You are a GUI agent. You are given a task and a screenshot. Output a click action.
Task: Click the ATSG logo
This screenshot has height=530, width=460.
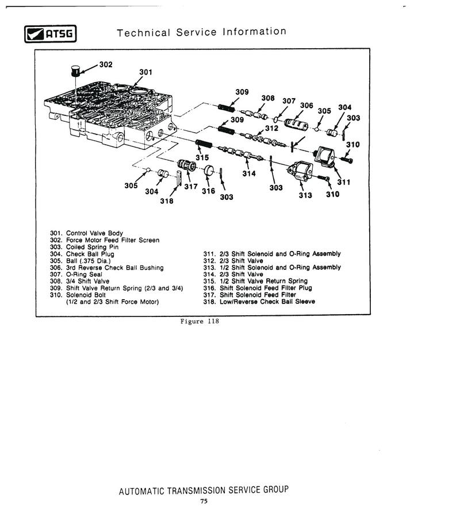coord(51,34)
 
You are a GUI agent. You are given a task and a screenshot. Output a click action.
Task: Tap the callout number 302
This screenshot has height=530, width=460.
coord(106,64)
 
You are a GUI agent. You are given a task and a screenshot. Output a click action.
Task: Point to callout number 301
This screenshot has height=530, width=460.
coord(146,72)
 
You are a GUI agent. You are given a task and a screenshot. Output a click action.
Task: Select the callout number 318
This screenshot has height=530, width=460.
coord(167,201)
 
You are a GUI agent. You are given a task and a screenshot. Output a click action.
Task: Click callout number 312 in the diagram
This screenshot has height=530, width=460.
coord(271,128)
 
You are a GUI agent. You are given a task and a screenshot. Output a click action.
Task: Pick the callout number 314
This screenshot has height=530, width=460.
coord(249,174)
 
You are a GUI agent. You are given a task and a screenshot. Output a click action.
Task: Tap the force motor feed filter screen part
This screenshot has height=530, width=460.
coord(75,71)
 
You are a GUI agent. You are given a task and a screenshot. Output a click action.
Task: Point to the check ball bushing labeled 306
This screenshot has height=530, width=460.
coord(296,125)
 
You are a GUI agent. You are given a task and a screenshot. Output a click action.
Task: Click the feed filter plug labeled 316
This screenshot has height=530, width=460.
coord(209,170)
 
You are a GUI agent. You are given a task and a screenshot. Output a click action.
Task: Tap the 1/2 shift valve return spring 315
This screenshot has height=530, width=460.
coord(204,144)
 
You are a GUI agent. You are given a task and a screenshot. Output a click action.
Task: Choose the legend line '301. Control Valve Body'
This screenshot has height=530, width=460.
coord(86,233)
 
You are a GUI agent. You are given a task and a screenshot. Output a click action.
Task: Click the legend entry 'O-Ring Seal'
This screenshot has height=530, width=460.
coord(84,274)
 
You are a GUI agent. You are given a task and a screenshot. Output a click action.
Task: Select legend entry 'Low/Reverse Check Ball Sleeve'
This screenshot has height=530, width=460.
coord(267,301)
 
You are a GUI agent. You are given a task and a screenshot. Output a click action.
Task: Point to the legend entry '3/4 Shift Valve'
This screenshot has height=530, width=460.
coord(87,281)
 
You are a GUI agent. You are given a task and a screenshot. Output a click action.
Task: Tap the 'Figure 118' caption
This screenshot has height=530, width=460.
coord(200,322)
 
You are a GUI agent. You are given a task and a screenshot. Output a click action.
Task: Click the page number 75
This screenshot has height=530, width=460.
coord(204,501)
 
